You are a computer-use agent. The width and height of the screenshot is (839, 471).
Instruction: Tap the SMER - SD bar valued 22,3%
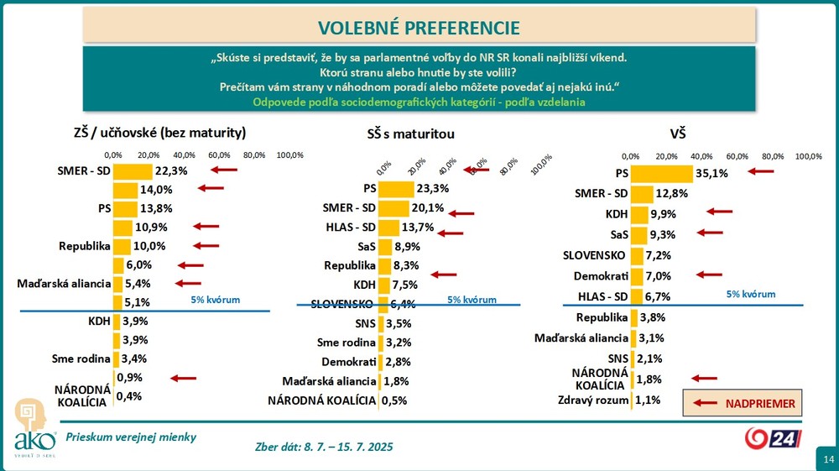coord(133,170)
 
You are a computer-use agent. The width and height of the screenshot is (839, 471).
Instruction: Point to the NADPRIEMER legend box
coord(743,404)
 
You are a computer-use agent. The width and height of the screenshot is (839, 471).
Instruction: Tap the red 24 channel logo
coord(774,438)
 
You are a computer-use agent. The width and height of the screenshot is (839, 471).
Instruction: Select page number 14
coord(828,459)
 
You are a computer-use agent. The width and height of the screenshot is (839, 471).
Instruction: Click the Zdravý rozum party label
coord(593,400)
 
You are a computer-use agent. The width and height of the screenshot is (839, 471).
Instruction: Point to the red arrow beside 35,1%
coord(760,171)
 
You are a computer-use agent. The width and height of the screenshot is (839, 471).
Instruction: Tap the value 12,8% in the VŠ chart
coord(672,194)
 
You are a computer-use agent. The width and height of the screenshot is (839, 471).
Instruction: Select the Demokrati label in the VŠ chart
coord(600,275)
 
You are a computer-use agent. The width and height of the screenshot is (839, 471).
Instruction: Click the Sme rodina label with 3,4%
coord(81,360)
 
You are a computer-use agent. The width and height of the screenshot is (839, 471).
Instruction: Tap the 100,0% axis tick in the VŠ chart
coord(808,156)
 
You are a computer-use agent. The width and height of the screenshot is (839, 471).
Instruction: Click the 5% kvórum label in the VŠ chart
coord(750,295)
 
